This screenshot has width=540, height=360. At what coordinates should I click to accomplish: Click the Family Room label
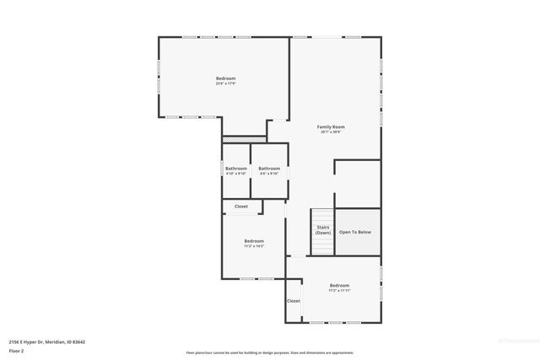coord(332,126)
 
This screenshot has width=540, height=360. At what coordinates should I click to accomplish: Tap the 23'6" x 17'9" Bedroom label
coord(225,78)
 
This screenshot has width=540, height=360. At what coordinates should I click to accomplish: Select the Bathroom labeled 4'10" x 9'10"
coord(235,168)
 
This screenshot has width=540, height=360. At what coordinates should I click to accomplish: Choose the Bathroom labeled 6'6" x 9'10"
coord(269,168)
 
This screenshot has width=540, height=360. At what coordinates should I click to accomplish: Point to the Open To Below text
coord(354,232)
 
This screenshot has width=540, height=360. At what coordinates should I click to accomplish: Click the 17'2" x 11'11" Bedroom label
coord(339,286)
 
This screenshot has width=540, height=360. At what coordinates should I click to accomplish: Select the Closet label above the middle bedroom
coord(241,206)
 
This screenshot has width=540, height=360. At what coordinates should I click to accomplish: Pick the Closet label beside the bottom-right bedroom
coord(293,300)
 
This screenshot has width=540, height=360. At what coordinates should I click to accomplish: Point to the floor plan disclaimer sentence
coord(269,352)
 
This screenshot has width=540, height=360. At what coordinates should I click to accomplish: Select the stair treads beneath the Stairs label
coord(321,244)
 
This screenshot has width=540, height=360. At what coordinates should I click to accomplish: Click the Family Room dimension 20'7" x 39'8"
coord(332,132)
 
